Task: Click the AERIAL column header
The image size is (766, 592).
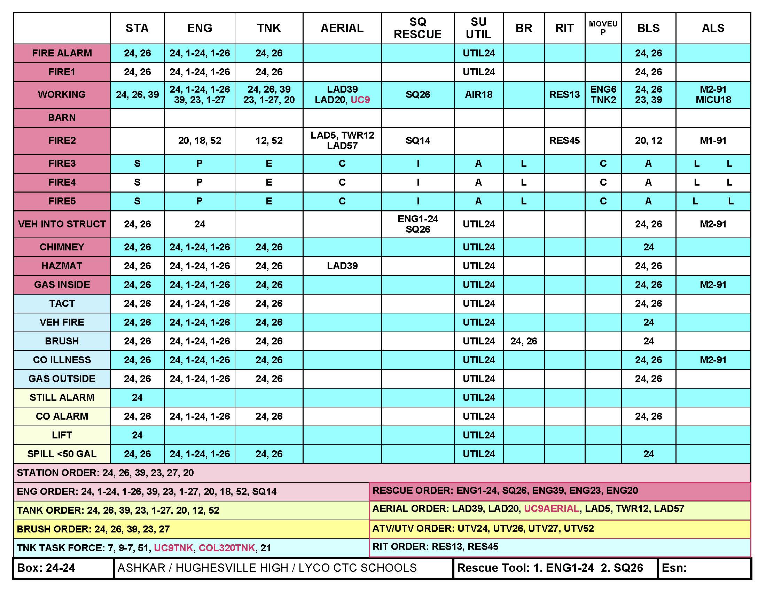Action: pos(342,28)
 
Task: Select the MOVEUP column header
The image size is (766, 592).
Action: pos(603,28)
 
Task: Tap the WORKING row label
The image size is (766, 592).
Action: pos(62,94)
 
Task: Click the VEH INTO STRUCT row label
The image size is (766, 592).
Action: pos(62,224)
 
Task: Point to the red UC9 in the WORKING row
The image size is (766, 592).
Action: pos(360,100)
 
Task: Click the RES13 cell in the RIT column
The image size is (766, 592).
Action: pos(564,94)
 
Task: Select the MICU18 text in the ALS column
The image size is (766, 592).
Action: pos(713,100)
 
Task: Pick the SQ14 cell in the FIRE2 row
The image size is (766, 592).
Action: pos(418,141)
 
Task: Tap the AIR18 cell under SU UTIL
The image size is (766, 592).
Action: pos(478,94)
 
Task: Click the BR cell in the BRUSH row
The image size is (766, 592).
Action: pos(524,341)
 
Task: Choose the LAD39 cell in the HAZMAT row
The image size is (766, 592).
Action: pos(342,266)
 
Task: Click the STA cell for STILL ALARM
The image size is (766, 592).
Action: pos(137,397)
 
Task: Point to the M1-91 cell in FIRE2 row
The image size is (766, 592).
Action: pos(713,141)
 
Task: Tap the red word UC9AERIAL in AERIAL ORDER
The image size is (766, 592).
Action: pos(552,508)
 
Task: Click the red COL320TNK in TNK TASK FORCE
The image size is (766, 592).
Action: pos(227,548)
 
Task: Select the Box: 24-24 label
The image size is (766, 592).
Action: pos(46,568)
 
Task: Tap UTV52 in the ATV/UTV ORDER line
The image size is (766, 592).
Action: pos(579,529)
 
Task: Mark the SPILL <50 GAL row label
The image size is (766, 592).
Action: pos(62,454)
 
